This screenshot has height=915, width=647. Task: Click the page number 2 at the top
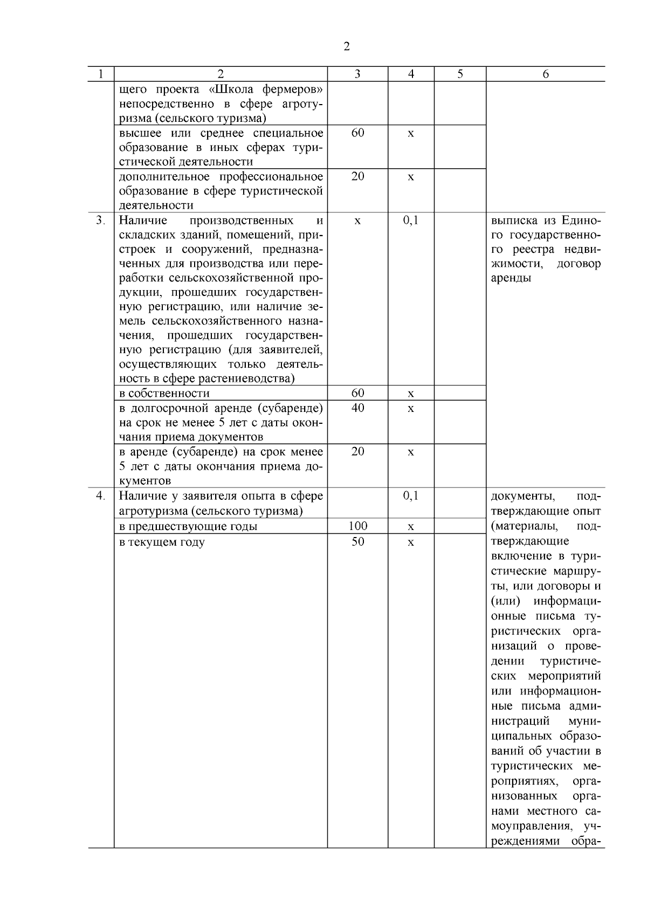coord(346,47)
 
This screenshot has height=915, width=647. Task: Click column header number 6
coord(545,74)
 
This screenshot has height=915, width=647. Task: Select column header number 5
coord(459,74)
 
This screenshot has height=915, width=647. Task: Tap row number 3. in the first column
coord(100,221)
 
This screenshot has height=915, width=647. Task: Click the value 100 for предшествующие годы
coord(357,526)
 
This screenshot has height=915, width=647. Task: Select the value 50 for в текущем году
coord(357,542)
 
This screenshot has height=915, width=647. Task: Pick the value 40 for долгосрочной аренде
coord(357,408)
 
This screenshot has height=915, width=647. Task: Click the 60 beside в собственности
coord(357,393)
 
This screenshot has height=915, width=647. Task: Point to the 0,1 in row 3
coord(411,221)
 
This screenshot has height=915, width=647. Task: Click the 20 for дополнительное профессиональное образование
coord(357,177)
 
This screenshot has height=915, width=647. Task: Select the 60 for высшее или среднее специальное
coord(357,133)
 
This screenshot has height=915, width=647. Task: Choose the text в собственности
coord(164,394)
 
